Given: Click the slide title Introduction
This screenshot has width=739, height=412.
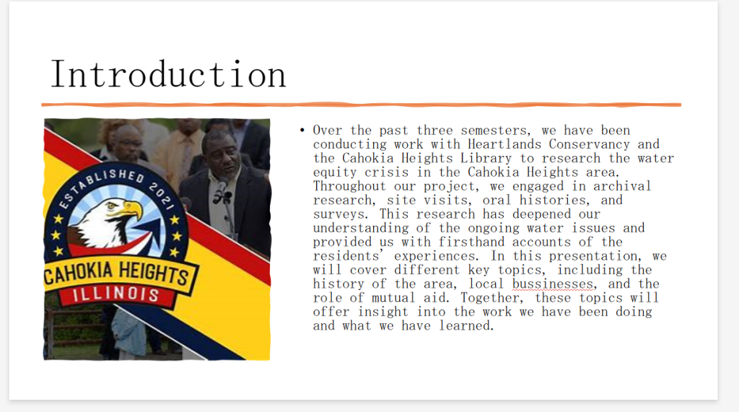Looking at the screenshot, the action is (x=168, y=74).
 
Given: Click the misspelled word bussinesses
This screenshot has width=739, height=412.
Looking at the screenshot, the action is (x=552, y=284).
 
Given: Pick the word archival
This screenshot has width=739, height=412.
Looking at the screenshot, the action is (x=622, y=186).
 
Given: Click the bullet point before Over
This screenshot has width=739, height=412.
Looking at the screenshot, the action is (x=302, y=130).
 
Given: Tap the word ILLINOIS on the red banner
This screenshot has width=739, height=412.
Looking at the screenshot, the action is (x=116, y=294).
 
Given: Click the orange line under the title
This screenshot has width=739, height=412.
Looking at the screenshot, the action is (x=361, y=105).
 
